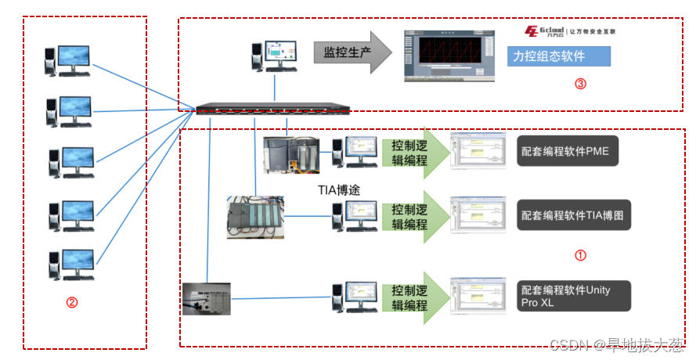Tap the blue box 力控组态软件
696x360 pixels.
point(557,57)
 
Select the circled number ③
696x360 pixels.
point(580,84)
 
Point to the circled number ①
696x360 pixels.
point(580,255)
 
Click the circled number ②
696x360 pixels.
point(72,302)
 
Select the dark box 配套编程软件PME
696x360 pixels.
point(568,150)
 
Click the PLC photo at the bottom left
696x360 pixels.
point(207,298)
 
